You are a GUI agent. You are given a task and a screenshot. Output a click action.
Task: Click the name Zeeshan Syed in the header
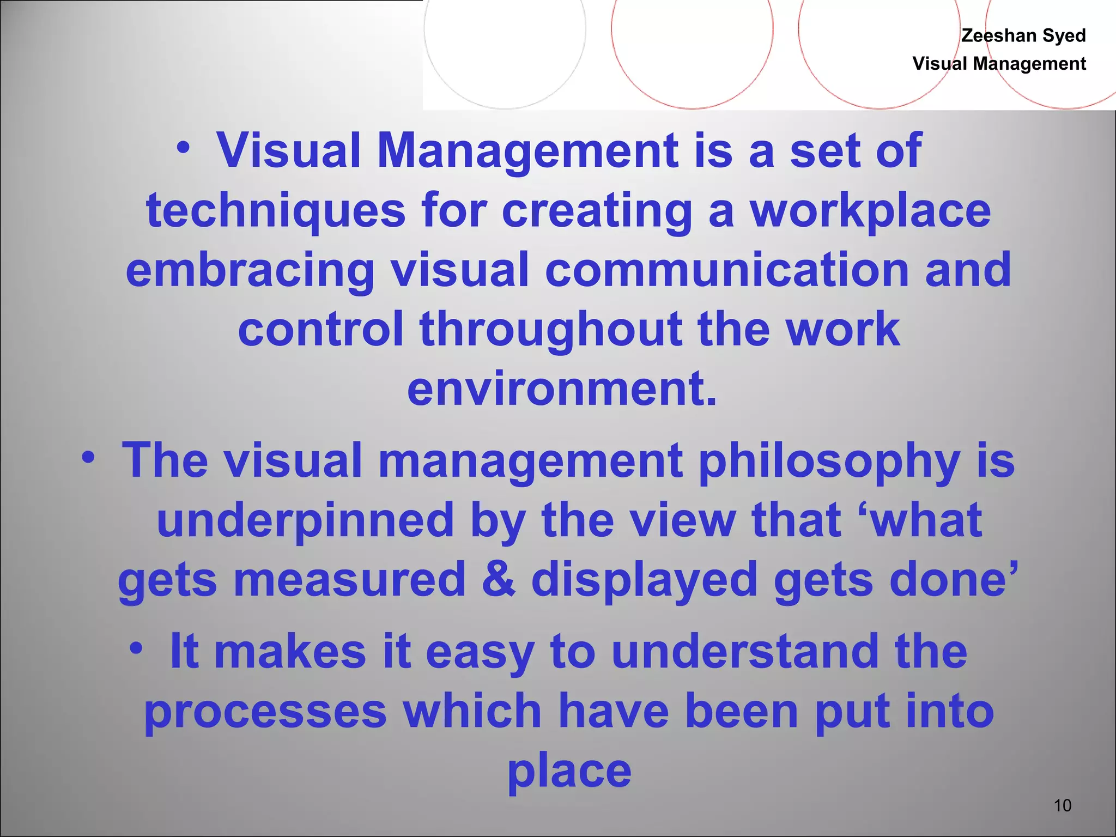[1023, 35]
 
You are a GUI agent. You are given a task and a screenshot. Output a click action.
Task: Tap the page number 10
[1062, 805]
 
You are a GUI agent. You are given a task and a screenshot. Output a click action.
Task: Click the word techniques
[276, 211]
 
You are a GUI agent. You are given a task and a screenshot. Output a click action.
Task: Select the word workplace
[870, 211]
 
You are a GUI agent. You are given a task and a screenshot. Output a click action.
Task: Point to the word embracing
[250, 270]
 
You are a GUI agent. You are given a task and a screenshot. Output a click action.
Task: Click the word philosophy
[829, 461]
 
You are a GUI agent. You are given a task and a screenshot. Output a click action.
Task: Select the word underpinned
[305, 520]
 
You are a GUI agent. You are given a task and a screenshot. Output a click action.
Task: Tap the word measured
[349, 579]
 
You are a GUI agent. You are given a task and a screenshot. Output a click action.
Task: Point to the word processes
[265, 711]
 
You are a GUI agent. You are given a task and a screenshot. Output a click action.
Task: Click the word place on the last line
[569, 771]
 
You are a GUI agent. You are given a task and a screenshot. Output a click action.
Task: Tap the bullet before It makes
[137, 648]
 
